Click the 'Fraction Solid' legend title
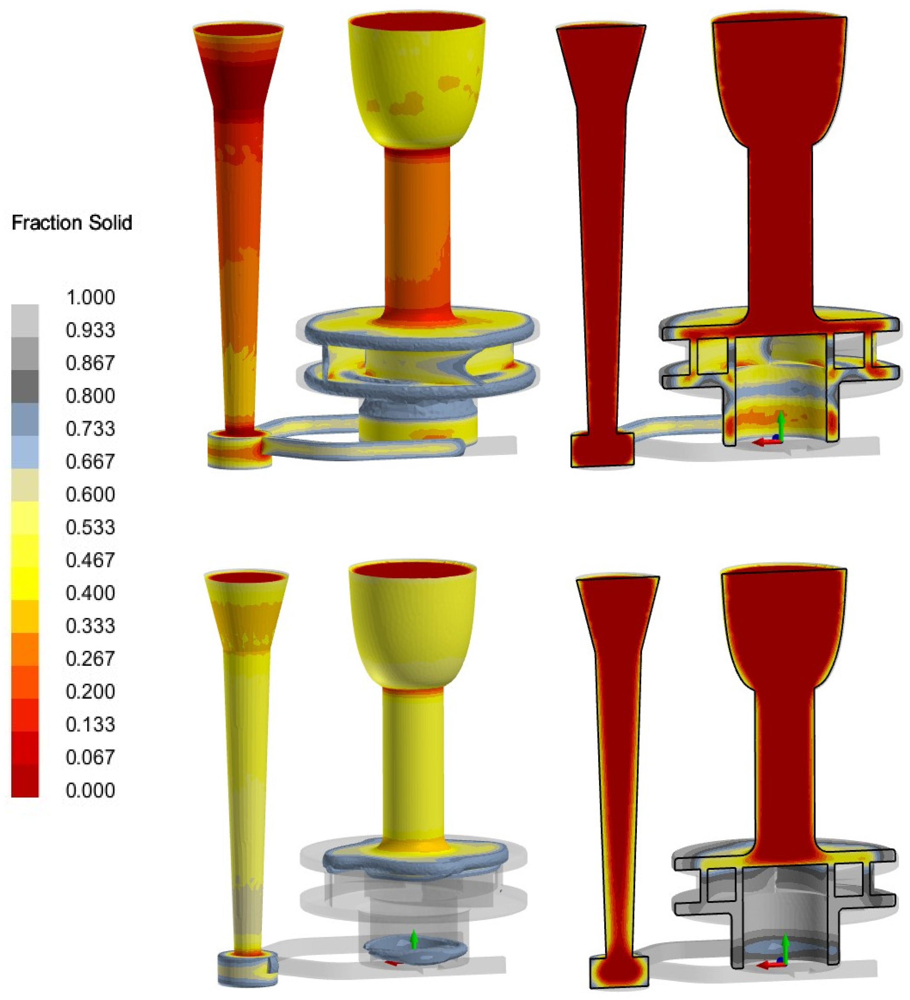click(x=72, y=223)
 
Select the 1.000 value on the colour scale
click(x=90, y=297)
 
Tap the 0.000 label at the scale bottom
click(x=90, y=790)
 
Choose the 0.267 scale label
click(x=90, y=659)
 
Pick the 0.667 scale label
click(x=90, y=461)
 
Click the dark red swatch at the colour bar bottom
click(x=25, y=781)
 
